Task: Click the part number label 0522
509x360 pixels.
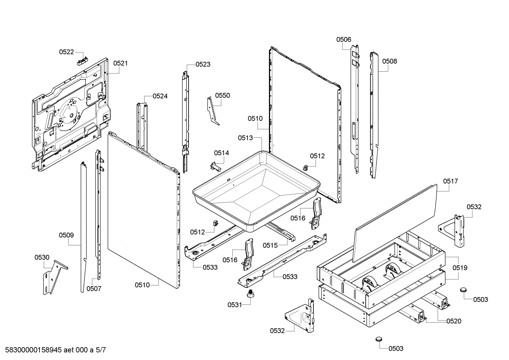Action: pos(66,52)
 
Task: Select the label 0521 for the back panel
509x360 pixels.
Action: pos(120,63)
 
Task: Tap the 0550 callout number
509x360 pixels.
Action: pos(222,95)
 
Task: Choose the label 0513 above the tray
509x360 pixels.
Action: pos(245,138)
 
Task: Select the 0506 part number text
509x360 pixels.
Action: pos(343,40)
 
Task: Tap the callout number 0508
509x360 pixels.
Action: pos(389,61)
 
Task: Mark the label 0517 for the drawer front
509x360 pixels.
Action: pos(450,181)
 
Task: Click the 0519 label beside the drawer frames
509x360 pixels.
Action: pos(460,268)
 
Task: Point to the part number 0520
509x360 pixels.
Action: pos(454,321)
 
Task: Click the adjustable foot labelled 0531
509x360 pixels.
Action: pos(251,294)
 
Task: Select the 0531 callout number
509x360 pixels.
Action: pos(235,305)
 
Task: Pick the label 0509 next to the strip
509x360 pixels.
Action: pos(66,235)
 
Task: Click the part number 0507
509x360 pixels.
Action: pos(94,289)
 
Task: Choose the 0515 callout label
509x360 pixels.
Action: pos(270,245)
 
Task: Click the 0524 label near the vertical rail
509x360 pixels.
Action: pos(160,96)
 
